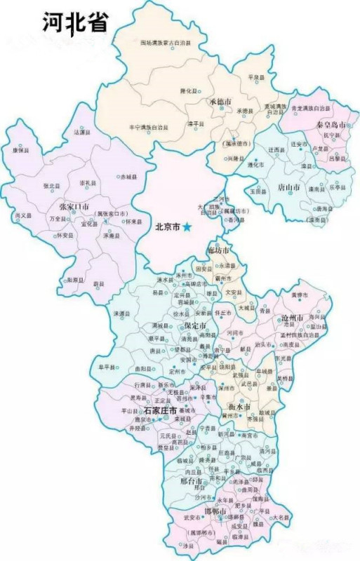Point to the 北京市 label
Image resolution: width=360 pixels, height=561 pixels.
pos(167,227)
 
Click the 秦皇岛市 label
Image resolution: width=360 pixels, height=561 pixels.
pos(328,124)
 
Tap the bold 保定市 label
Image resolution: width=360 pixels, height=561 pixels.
pos(194,327)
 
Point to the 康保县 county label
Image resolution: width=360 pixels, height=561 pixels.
pos(20,149)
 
